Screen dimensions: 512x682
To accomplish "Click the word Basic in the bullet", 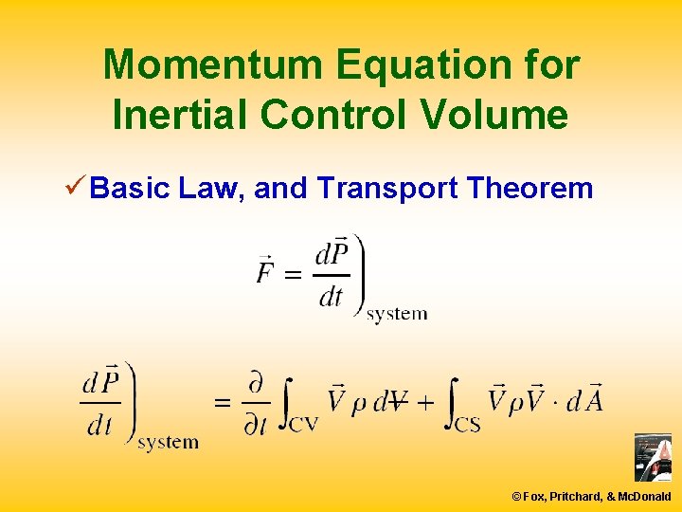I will coord(132,189).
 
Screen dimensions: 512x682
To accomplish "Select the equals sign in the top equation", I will coord(294,276).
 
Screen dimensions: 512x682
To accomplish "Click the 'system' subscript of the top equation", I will coord(397,314).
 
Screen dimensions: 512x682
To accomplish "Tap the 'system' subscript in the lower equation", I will coord(168,443).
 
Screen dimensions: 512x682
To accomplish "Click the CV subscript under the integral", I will coord(303,424).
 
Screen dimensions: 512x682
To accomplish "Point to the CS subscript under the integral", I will coord(466,424).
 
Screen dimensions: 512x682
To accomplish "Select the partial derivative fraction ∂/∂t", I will coord(256,403).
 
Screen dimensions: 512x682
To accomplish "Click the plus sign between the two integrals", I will coord(426,402).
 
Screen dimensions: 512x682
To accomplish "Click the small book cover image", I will coord(652,458).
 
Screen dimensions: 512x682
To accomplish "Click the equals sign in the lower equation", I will coord(223,402).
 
